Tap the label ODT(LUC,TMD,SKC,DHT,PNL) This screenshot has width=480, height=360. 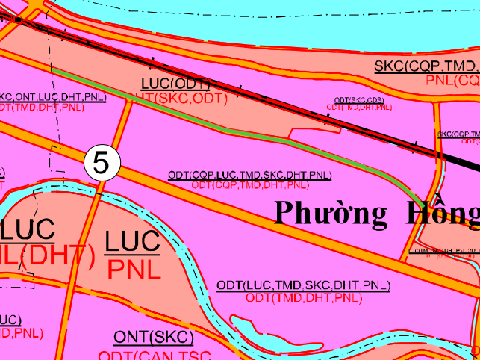tap(303, 286)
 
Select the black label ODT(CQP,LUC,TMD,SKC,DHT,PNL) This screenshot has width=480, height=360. tap(249, 176)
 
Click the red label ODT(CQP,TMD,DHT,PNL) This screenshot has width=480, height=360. tap(250, 184)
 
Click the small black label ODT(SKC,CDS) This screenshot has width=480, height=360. tap(359, 100)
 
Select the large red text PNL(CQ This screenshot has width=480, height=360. tap(452, 80)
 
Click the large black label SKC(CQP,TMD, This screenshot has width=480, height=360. tap(426, 66)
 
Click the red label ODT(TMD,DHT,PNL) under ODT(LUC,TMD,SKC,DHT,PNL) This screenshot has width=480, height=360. tap(303, 298)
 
